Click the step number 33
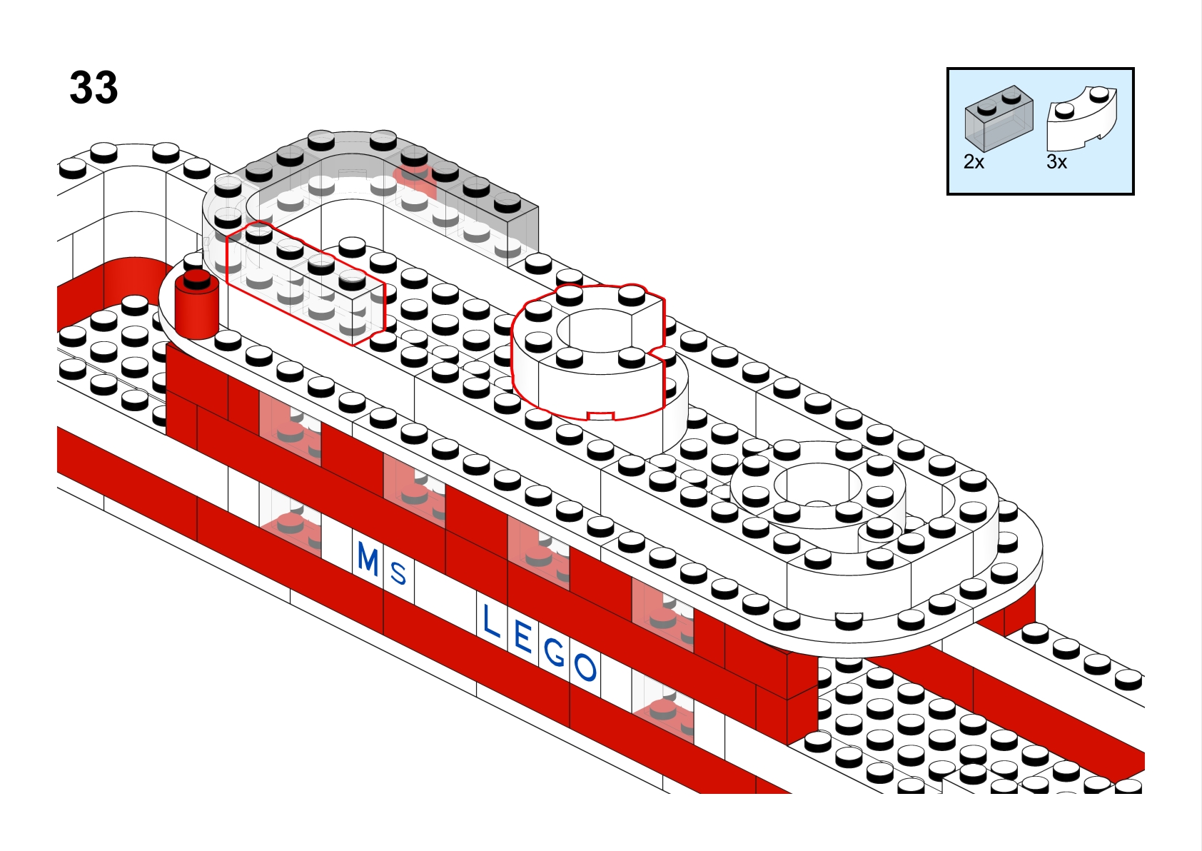(94, 88)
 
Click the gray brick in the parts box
(999, 118)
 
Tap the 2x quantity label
(974, 162)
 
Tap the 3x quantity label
(1056, 162)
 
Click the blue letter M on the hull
(368, 559)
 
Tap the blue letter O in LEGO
(585, 667)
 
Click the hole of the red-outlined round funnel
(594, 331)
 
